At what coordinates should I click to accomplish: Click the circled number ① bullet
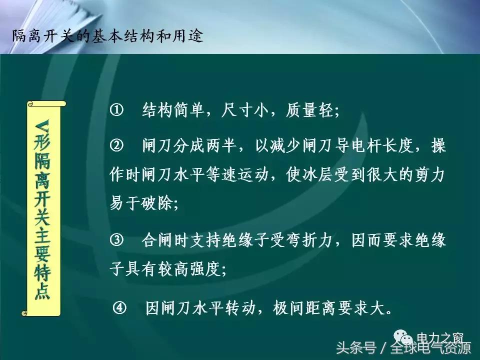tap(116, 110)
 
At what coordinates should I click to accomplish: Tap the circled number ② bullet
tap(116, 146)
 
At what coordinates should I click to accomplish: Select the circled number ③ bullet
tap(116, 240)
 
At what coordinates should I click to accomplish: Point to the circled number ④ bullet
tap(120, 307)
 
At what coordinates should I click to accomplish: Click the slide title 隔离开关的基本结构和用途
tap(107, 37)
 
